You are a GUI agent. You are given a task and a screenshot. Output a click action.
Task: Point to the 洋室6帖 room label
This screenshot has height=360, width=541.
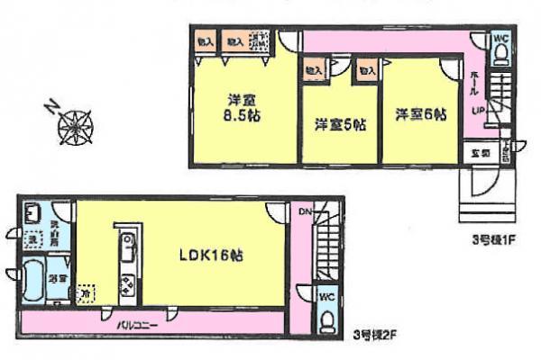pos(420,114)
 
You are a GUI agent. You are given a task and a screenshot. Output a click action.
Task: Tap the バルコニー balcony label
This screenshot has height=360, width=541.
pos(137,319)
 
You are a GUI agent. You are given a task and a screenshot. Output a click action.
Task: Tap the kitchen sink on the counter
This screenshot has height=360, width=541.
pos(126,242)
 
